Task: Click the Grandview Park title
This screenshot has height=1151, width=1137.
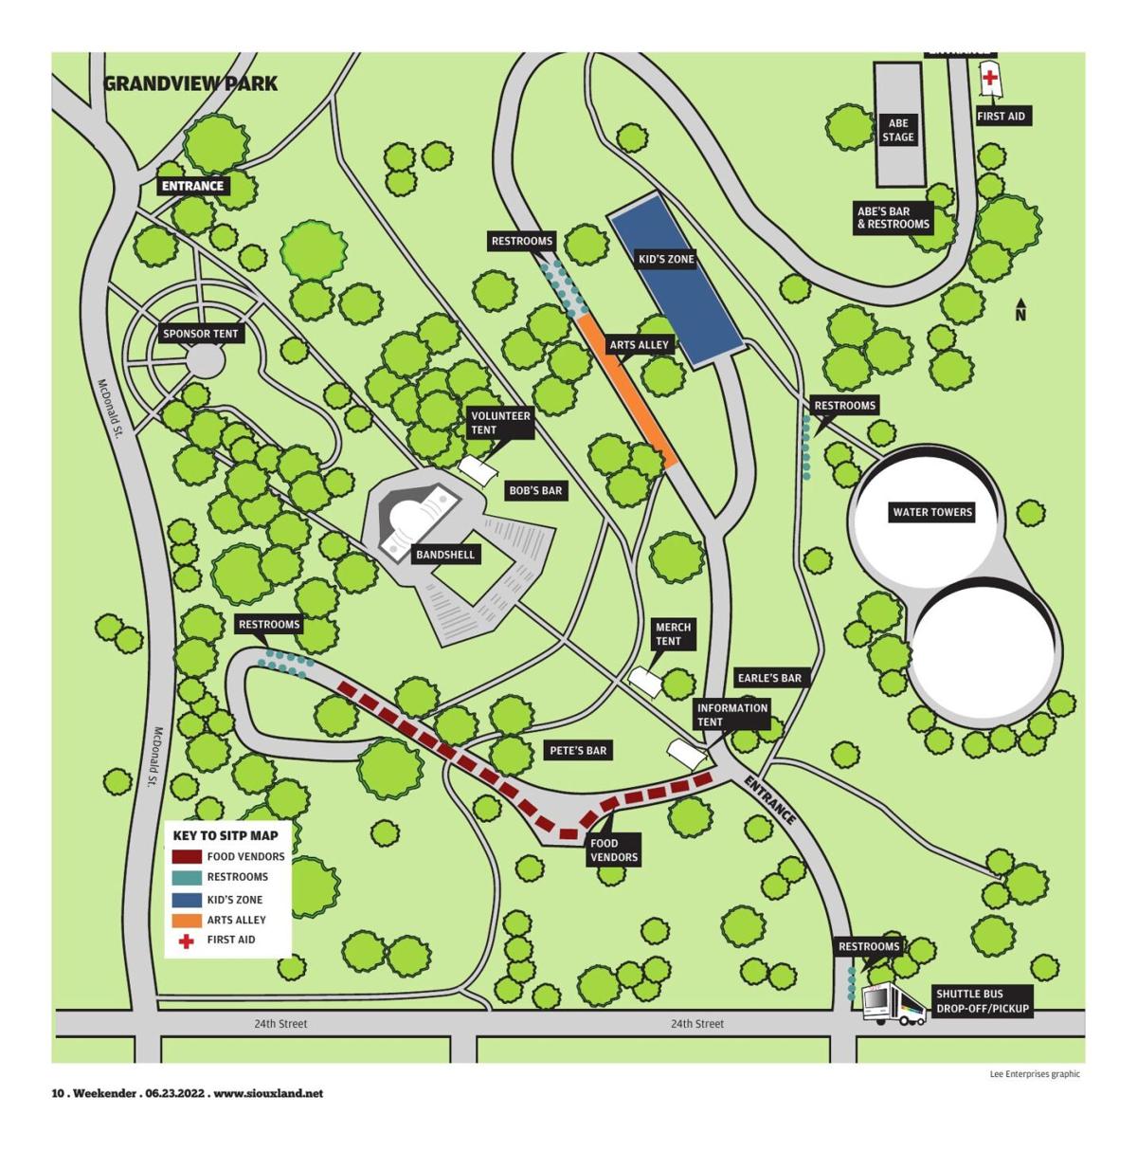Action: tap(189, 83)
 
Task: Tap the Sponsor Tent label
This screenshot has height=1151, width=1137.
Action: tap(200, 334)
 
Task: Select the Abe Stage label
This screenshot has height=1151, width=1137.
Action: tap(898, 130)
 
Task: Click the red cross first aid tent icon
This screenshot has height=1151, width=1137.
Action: tap(990, 78)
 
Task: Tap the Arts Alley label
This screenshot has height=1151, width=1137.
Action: tap(639, 345)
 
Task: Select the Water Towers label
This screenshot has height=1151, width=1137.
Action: tap(932, 512)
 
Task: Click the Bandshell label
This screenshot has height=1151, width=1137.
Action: tap(444, 554)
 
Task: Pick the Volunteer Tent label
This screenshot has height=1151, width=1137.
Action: tap(500, 423)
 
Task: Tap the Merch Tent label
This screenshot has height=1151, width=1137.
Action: tap(673, 633)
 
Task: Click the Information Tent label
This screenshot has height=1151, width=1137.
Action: tap(731, 715)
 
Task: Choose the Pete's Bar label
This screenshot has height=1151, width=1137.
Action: tap(578, 751)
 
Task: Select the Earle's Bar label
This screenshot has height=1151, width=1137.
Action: tap(769, 678)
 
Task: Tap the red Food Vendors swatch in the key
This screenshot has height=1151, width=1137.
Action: tap(187, 856)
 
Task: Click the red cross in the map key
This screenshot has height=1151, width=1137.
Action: tap(187, 941)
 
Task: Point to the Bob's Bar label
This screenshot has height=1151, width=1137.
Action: tap(535, 491)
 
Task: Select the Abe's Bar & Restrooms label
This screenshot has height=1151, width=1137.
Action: tap(893, 217)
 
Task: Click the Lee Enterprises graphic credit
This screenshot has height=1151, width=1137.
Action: tap(1034, 1074)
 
